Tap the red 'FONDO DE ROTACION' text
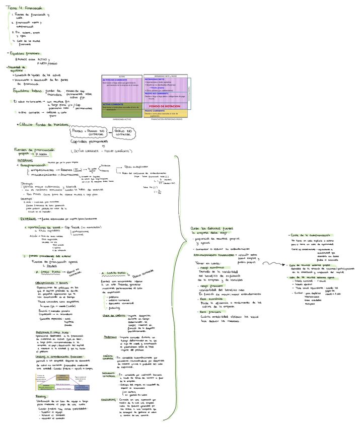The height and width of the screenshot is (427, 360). pyautogui.click(x=166, y=106)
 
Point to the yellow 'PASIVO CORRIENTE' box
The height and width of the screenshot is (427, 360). pyautogui.click(x=165, y=113)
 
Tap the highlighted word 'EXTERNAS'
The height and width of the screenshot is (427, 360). pyautogui.click(x=28, y=219)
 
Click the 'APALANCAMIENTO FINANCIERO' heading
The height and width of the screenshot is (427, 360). pyautogui.click(x=214, y=255)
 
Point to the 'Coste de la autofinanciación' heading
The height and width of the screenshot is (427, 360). pyautogui.click(x=309, y=235)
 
